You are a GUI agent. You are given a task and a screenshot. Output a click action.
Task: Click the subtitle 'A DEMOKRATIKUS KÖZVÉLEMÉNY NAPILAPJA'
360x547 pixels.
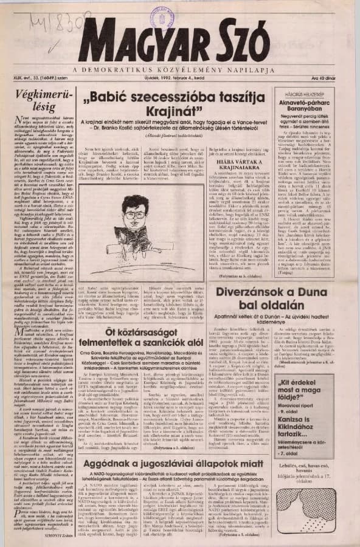point(182,69)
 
